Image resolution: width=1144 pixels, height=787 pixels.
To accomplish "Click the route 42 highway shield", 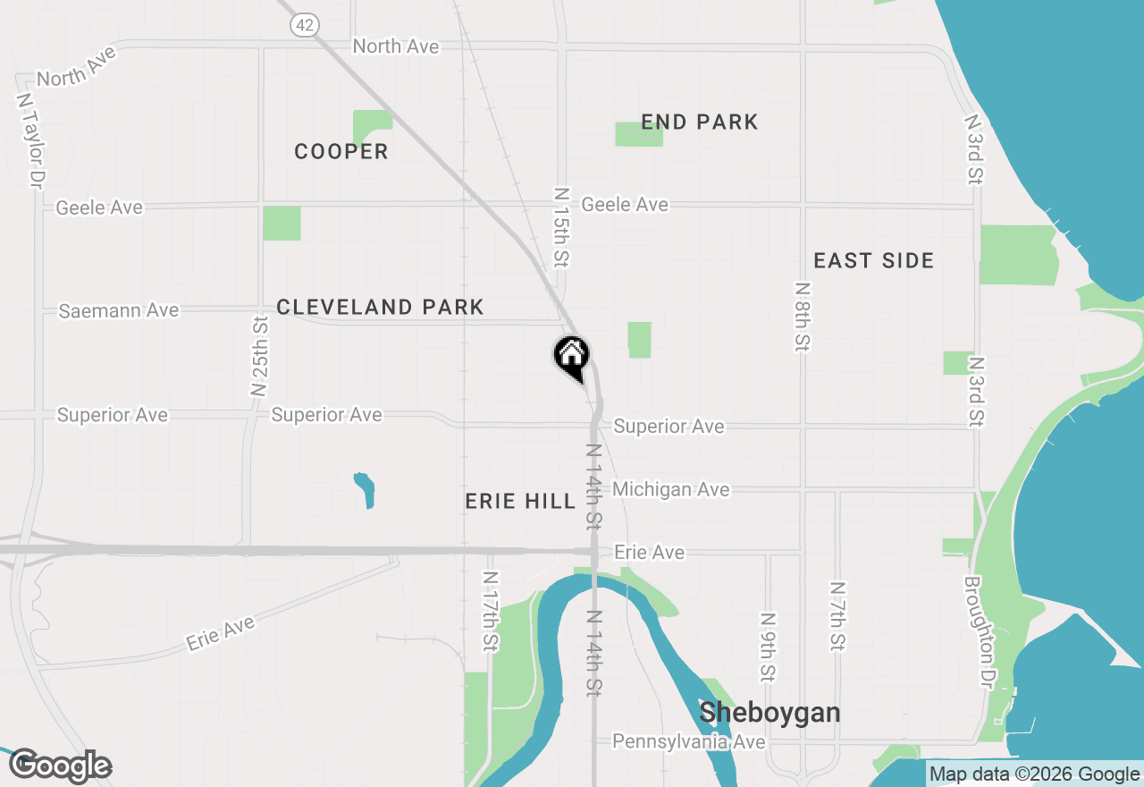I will point(305,25).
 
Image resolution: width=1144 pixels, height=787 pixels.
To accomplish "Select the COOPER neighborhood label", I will point(341,152).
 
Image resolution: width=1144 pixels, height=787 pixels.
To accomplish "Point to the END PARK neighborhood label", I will point(700,123).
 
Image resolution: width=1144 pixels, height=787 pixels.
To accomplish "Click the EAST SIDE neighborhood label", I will point(873,261).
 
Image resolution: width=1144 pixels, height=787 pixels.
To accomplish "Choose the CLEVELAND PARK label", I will point(380,308).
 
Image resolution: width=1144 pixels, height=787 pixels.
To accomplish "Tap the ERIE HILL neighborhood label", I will point(520,502).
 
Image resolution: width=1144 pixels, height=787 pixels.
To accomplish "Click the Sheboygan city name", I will point(770,713).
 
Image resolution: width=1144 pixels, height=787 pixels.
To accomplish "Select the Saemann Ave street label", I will point(119,311).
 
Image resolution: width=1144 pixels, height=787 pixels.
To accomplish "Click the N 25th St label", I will point(259,356).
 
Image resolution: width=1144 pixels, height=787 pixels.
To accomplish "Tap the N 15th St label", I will point(560,227).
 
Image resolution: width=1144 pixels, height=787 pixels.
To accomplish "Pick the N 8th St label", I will point(803,317).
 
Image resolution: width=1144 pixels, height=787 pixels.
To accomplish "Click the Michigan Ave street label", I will point(670,490).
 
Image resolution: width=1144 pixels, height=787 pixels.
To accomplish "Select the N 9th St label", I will point(767,646).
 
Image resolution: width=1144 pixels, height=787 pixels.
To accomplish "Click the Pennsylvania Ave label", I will point(688,742).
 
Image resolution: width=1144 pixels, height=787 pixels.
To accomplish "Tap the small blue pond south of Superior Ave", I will point(365,490).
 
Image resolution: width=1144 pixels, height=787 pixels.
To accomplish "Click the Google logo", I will point(60,766).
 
